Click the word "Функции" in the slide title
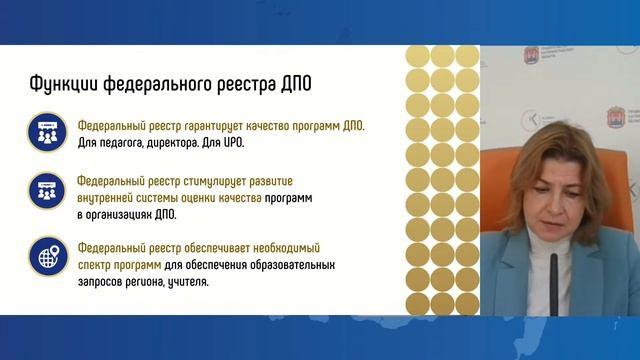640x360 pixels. pyautogui.click(x=58, y=83)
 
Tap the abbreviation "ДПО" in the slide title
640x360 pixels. pyautogui.click(x=297, y=83)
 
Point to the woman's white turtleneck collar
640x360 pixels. pyautogui.click(x=570, y=251)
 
